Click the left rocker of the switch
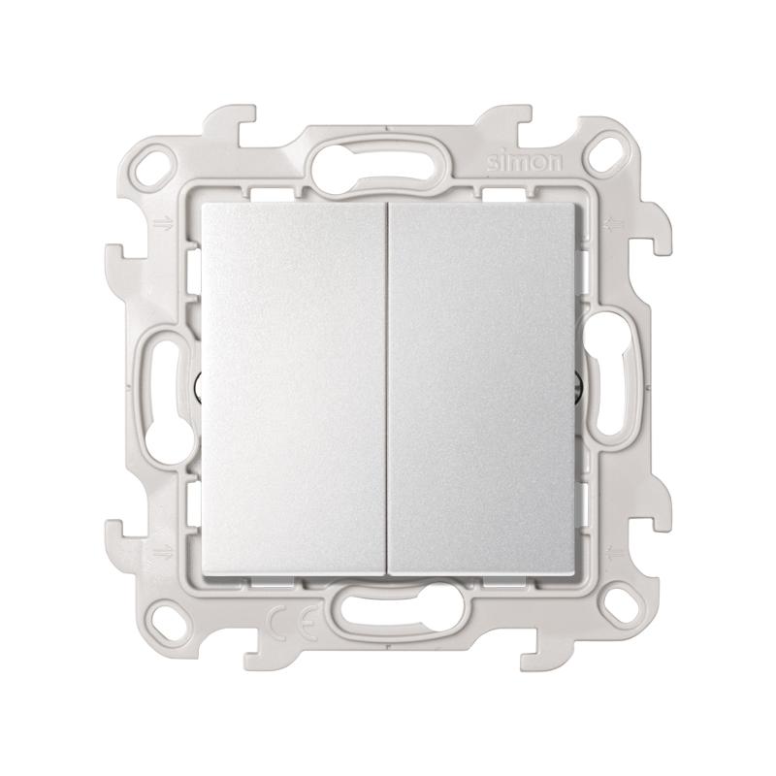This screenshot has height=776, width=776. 293,390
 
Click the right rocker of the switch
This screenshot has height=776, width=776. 482,390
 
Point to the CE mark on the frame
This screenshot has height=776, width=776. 293,619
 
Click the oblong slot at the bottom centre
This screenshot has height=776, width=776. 396,607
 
